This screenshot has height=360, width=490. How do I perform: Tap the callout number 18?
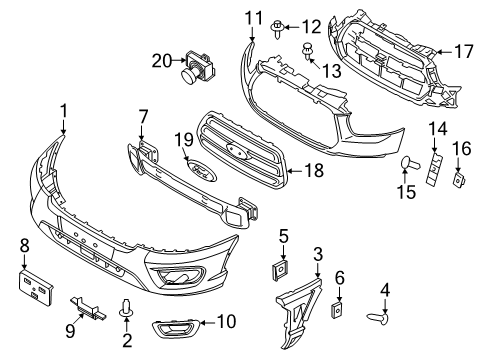coord(314,171)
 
